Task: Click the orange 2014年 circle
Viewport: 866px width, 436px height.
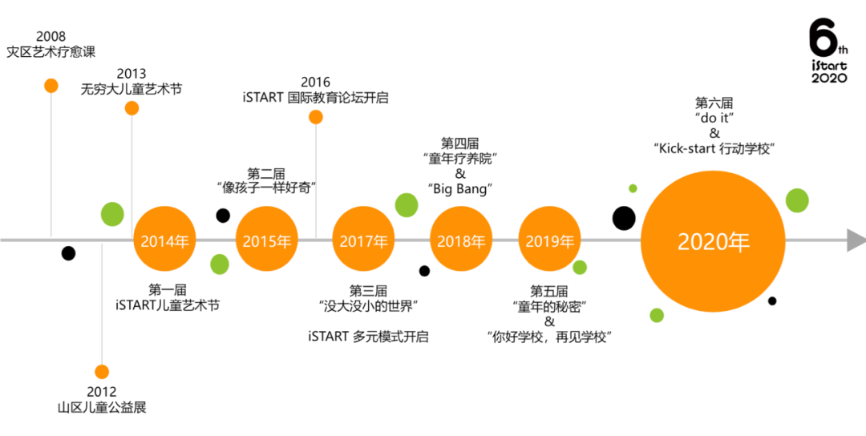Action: tap(165, 240)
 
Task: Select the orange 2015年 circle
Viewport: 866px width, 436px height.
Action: tap(267, 240)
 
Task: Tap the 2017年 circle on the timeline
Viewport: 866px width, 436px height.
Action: tap(363, 240)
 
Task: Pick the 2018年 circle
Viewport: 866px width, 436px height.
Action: tap(461, 240)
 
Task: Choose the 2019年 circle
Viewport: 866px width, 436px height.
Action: tap(550, 240)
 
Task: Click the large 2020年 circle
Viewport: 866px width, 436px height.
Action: tap(713, 241)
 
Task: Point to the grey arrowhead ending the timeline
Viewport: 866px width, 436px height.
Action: tap(856, 240)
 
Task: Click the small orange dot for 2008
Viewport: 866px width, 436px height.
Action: tap(51, 86)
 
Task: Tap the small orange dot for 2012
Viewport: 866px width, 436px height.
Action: tap(102, 372)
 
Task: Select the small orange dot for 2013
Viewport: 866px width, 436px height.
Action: tap(132, 108)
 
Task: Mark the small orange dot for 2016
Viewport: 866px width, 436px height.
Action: tap(316, 117)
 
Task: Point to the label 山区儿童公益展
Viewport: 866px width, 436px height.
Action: tap(102, 407)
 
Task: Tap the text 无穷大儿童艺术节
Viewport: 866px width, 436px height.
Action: tap(131, 89)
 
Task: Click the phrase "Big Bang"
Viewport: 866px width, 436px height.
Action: tap(460, 189)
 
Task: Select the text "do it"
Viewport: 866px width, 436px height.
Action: tap(714, 118)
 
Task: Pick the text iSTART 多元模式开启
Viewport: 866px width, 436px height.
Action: tap(368, 337)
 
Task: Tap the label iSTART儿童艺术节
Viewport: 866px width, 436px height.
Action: tap(168, 305)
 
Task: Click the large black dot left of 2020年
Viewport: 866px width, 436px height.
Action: tap(624, 218)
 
